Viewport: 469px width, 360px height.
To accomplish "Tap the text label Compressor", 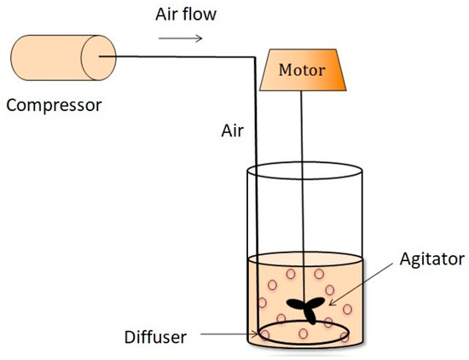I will pos(53,106).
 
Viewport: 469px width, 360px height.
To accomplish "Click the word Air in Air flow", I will pos(168,15).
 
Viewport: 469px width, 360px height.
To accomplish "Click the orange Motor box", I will pos(302,71).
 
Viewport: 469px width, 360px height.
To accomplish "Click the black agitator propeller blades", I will pos(305,309).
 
